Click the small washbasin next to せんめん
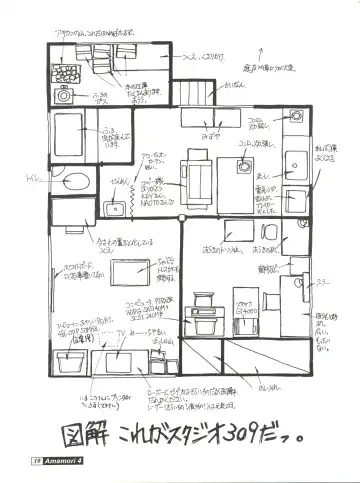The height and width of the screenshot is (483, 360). (x=115, y=206)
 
